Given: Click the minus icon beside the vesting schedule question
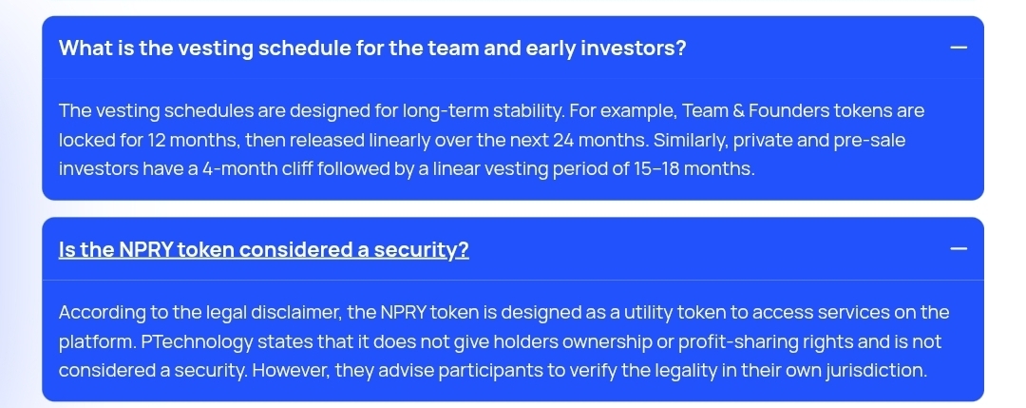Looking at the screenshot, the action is [x=958, y=48].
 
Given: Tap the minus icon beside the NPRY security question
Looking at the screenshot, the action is [x=958, y=249].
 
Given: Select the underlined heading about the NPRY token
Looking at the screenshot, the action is [x=264, y=249].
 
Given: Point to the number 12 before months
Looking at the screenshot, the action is [x=157, y=140].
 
